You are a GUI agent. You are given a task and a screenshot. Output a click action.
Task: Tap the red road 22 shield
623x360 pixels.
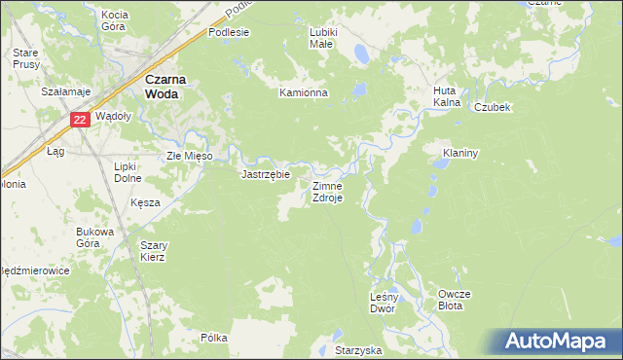pos(81,120)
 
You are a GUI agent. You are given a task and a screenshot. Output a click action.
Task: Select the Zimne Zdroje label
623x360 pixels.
pos(326,191)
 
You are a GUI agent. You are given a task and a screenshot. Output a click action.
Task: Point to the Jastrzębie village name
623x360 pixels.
pos(266,175)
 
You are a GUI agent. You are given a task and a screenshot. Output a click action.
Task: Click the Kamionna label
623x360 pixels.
pos(305,93)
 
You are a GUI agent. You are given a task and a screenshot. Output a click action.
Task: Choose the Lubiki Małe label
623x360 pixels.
pos(322,38)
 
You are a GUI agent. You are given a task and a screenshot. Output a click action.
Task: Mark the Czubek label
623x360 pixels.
pos(493,107)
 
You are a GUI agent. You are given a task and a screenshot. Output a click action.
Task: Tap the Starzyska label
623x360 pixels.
pos(358,348)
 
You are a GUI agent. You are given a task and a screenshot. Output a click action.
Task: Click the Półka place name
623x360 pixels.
pos(213,338)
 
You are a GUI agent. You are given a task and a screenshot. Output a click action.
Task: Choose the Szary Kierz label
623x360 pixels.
pos(153,251)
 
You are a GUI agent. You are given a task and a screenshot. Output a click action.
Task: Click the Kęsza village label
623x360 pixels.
pos(145,202)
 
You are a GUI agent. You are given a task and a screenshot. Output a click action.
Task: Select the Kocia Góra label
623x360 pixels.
pos(115,20)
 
